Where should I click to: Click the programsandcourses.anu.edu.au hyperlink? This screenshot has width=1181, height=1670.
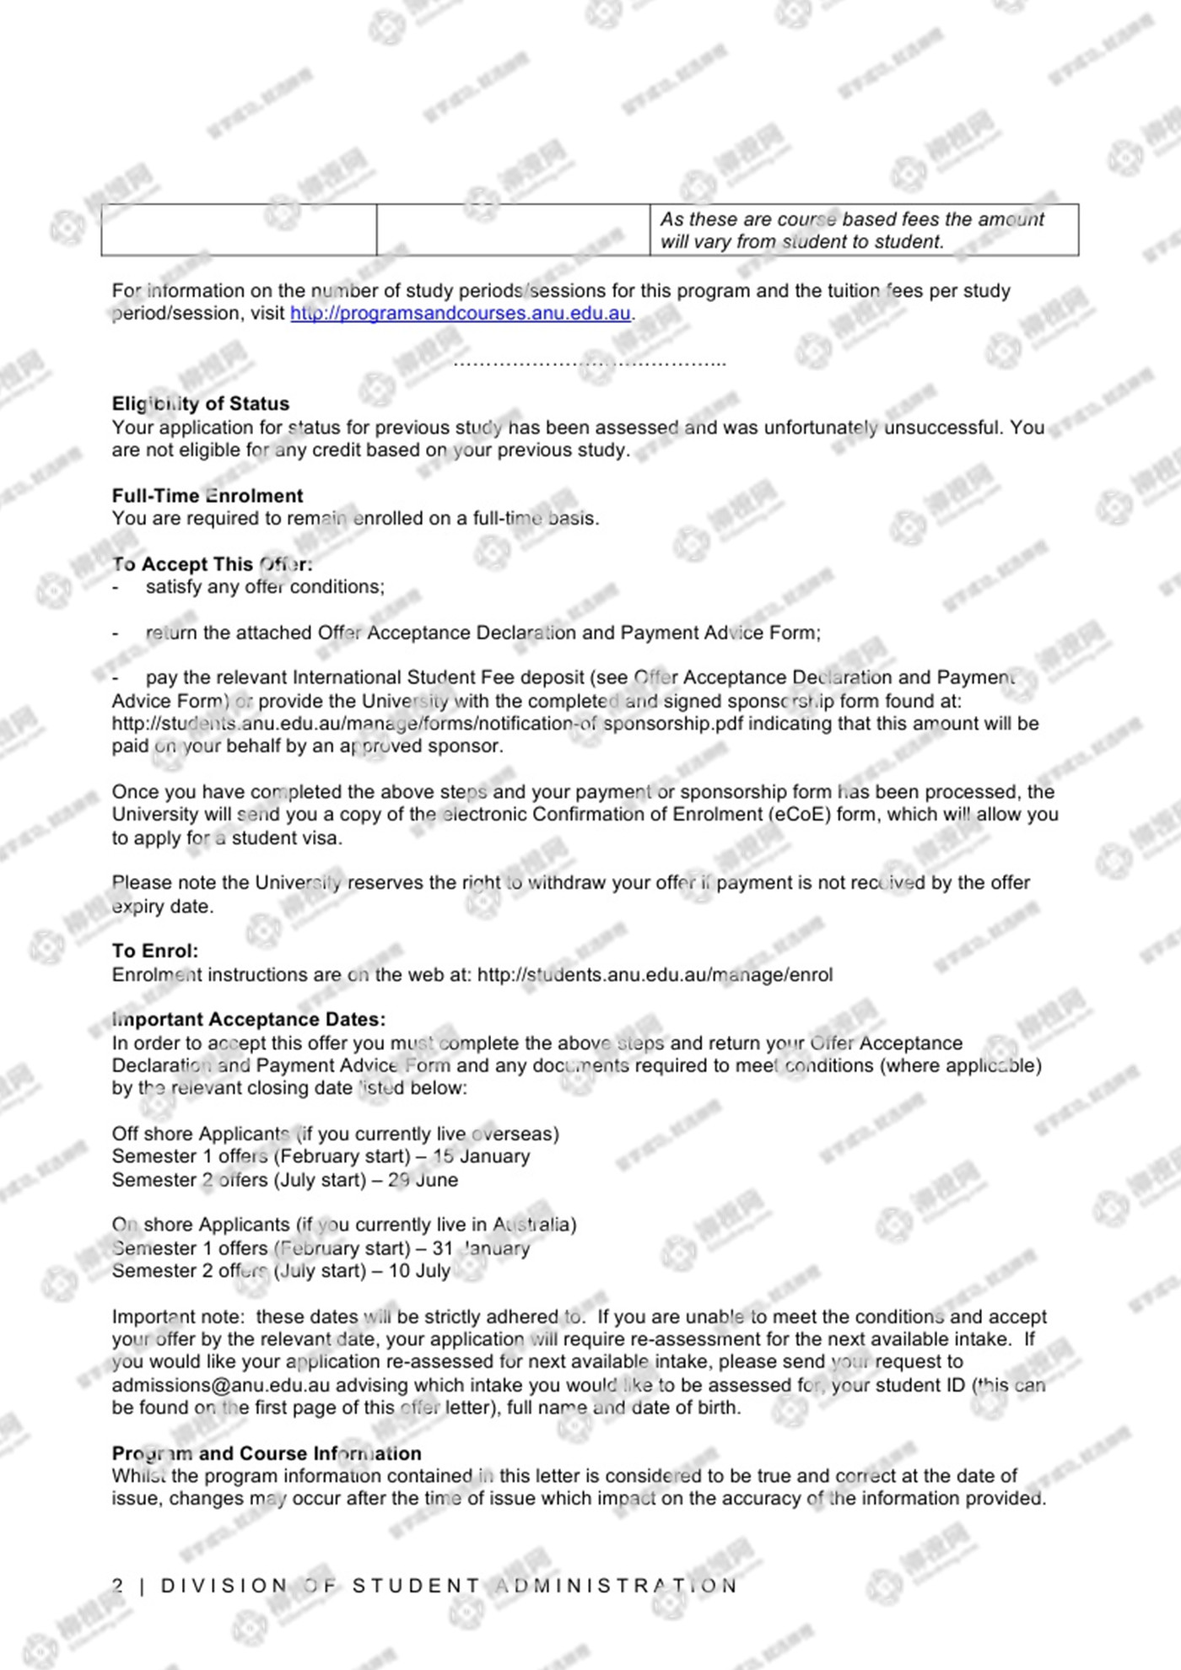coord(461,314)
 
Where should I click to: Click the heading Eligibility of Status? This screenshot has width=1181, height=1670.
coord(201,404)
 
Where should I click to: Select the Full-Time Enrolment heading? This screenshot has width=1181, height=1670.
coord(208,496)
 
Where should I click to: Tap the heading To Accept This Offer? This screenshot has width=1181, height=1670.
coord(213,564)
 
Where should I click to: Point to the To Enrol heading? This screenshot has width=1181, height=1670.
coord(155,951)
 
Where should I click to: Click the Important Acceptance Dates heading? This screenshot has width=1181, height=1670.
coord(249,1020)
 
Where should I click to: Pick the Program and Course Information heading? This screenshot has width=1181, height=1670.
coord(267,1453)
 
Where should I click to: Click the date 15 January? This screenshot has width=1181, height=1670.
coord(481,1156)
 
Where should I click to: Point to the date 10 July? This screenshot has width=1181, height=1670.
coord(419,1271)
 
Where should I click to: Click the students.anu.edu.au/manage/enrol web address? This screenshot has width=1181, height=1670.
coord(655,975)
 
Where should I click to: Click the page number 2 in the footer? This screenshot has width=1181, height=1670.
coord(118,1586)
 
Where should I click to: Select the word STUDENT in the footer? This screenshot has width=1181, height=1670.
coord(416,1586)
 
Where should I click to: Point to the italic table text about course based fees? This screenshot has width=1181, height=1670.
coord(852,230)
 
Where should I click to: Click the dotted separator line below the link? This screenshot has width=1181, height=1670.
coord(590,364)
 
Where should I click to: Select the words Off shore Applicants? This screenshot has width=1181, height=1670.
coord(201,1134)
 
